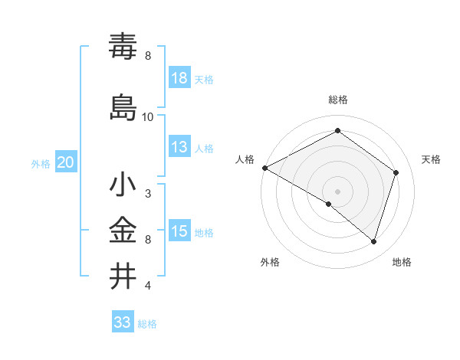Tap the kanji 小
click(123, 186)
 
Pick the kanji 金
click(123, 230)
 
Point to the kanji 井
click(123, 275)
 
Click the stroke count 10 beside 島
click(148, 117)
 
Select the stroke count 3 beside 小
click(148, 194)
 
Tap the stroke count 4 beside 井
click(148, 286)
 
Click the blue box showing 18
click(179, 78)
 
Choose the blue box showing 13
click(179, 147)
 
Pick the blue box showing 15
click(179, 231)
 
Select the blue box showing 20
click(66, 162)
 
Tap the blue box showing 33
click(122, 322)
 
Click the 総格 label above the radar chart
click(338, 100)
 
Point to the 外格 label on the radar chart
click(270, 262)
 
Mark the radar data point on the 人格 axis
click(264, 168)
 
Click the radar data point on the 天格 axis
click(396, 172)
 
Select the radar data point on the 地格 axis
click(373, 241)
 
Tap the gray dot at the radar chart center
click(337, 191)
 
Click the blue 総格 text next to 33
click(147, 324)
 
